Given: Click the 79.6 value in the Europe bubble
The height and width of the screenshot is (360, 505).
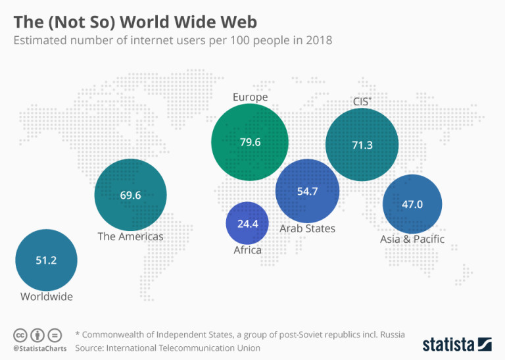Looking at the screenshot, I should click(x=250, y=141).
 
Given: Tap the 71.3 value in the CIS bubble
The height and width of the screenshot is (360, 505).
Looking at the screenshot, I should click(x=362, y=145).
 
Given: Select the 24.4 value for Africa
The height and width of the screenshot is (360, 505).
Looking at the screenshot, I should click(x=248, y=224).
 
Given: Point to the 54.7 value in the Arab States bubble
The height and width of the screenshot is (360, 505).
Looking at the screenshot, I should click(x=308, y=192).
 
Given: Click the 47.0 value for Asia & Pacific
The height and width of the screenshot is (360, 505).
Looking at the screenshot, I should click(x=412, y=204).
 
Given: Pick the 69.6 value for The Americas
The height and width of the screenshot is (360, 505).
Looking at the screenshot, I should click(x=130, y=195).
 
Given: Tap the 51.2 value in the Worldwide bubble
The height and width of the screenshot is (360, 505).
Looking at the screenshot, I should click(x=46, y=260).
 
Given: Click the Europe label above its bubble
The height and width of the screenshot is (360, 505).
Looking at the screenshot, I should click(x=250, y=97).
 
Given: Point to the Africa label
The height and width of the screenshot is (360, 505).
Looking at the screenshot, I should click(x=248, y=250).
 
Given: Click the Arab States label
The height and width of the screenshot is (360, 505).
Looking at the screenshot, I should click(x=308, y=229).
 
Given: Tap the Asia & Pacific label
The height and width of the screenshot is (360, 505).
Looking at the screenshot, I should click(x=412, y=239).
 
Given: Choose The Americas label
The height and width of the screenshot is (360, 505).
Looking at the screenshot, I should click(x=130, y=236).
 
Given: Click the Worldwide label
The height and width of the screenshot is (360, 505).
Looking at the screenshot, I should click(x=46, y=297).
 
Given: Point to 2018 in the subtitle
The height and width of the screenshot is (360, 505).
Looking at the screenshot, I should click(x=319, y=41).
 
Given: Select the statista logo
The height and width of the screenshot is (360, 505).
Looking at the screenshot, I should click(x=456, y=344).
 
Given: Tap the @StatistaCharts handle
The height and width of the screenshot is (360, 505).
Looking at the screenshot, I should click(x=37, y=347).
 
